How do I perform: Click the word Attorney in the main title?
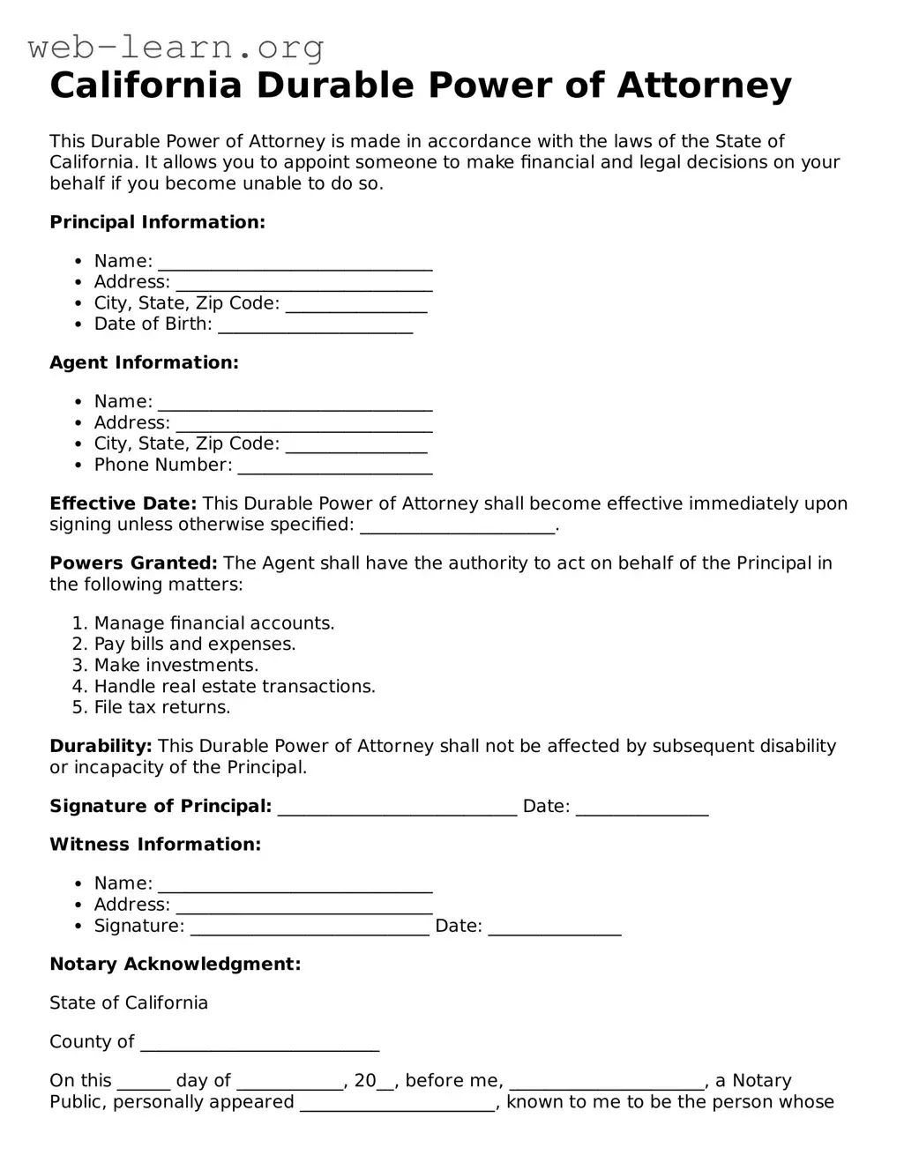[x=704, y=86]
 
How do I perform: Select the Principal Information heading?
[x=157, y=222]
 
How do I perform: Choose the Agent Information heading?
[x=144, y=362]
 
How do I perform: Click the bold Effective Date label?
[x=123, y=503]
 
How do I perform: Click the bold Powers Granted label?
[x=133, y=563]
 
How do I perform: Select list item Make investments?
[x=176, y=666]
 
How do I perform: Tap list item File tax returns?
[x=161, y=708]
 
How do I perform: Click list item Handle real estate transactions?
[x=235, y=687]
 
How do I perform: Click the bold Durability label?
[x=101, y=747]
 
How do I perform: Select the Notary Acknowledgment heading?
[x=175, y=965]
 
